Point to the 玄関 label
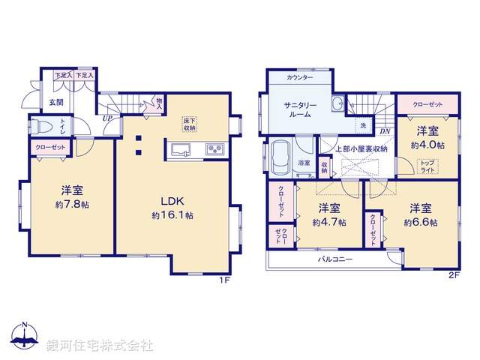click(56, 102)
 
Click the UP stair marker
click(108, 118)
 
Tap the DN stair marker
click(385, 133)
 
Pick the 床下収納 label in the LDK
click(189, 124)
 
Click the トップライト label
click(427, 166)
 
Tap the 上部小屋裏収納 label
click(360, 148)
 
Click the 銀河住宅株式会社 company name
click(100, 346)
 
